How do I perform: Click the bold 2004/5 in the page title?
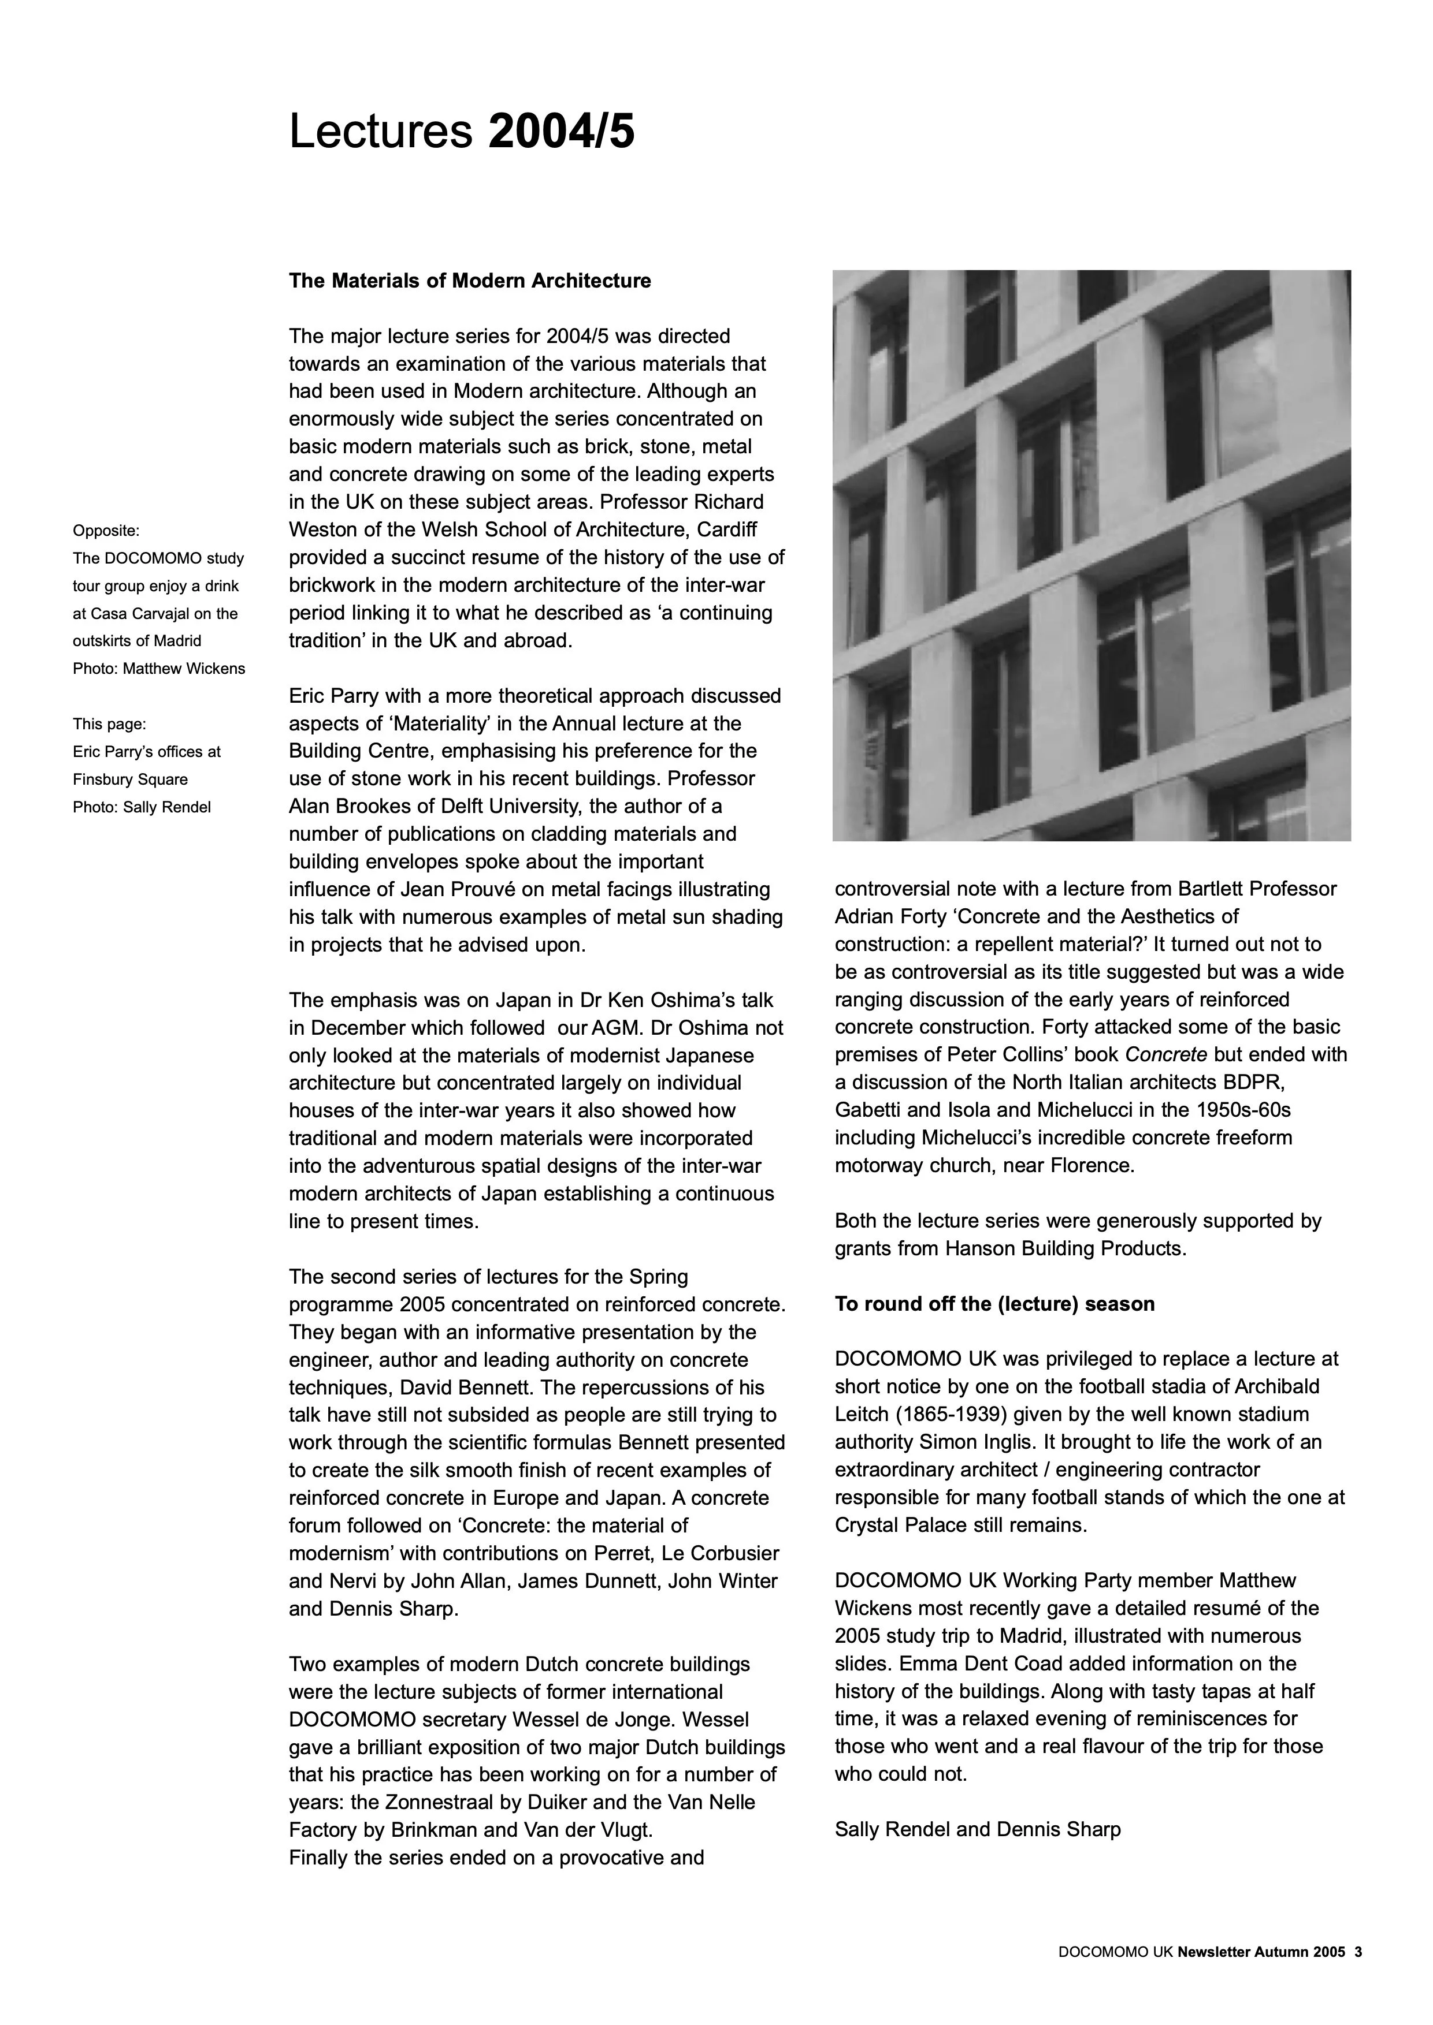pos(560,132)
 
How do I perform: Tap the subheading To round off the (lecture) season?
pos(994,1304)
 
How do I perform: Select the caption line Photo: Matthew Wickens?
pos(159,669)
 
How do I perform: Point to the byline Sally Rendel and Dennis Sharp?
pos(978,1829)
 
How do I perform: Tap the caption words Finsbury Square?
pos(129,780)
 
